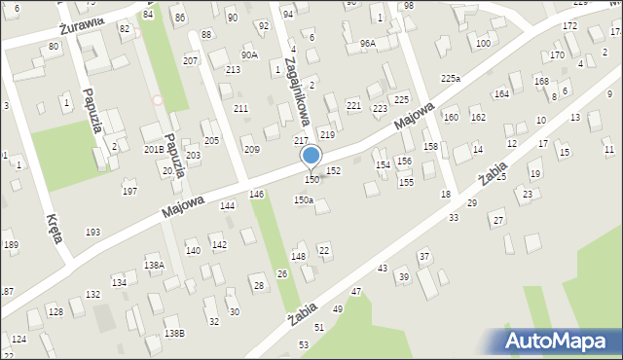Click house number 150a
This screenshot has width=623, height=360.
pos(304,199)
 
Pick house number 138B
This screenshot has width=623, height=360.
pos(174,333)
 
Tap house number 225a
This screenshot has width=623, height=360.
pos(450,78)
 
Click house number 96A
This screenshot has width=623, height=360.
pos(367,44)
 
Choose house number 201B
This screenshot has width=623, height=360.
pos(154,149)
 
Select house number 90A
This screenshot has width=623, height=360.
pos(249,55)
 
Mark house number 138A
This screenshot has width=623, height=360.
pos(154,265)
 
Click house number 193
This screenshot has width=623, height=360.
pos(92,232)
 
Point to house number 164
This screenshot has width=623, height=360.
pos(501,93)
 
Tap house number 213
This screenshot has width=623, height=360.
pos(233,70)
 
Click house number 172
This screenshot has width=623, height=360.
pos(569,25)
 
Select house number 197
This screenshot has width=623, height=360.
pos(129,192)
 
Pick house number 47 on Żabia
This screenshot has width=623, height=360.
pos(356,292)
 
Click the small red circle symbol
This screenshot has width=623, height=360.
pos(158,99)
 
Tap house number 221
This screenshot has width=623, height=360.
pos(353,105)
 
